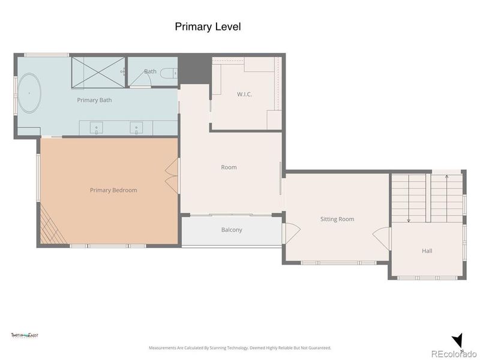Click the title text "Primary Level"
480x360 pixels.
click(x=208, y=26)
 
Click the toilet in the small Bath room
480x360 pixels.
click(x=172, y=73)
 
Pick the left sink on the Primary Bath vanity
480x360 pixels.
click(x=98, y=128)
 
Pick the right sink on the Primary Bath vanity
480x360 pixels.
click(x=137, y=128)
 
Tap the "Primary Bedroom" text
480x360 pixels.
click(x=113, y=190)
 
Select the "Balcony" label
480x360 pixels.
click(x=232, y=230)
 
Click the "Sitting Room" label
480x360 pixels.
click(x=337, y=219)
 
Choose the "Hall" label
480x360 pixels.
click(x=427, y=251)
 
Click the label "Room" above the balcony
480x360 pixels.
click(x=229, y=167)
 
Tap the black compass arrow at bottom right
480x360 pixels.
click(x=457, y=341)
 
